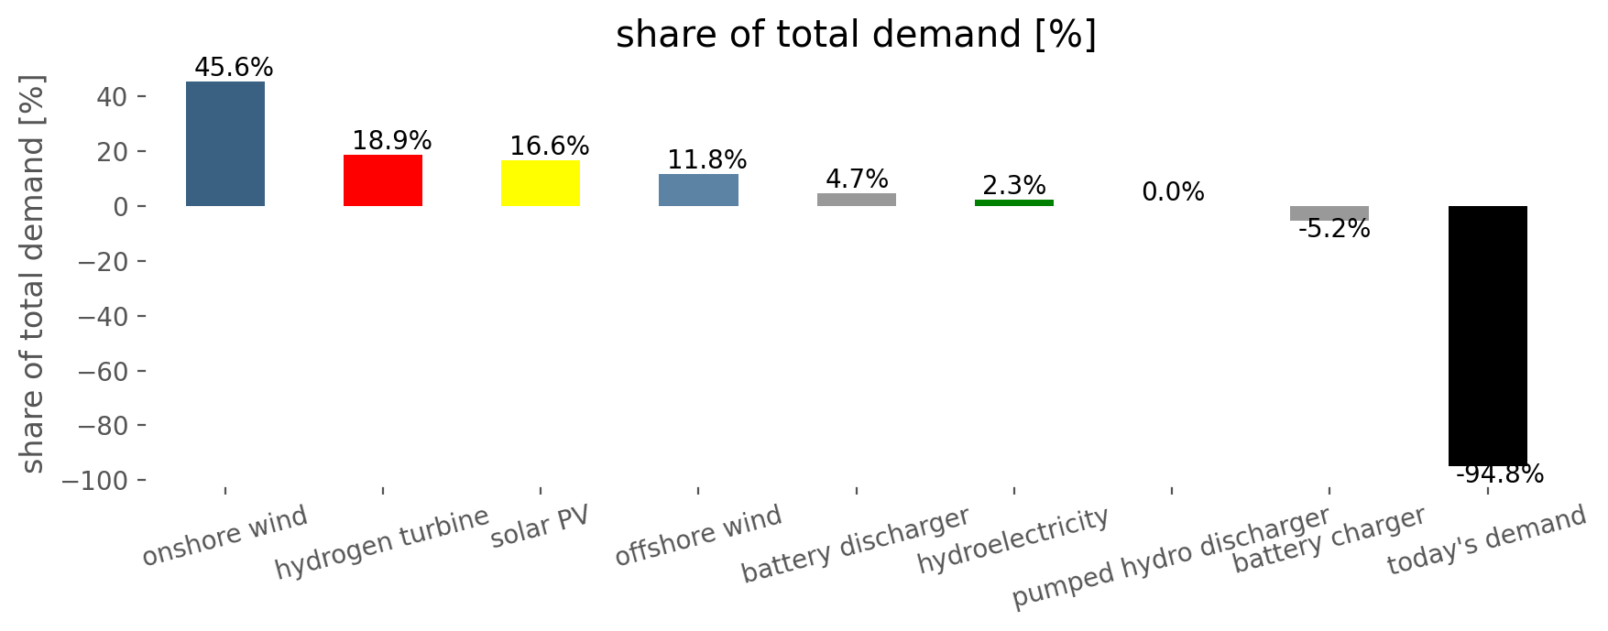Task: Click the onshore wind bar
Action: pyautogui.click(x=225, y=144)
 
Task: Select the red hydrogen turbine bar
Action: pyautogui.click(x=383, y=180)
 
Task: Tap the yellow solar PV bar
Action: pyautogui.click(x=541, y=183)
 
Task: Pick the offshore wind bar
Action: pyautogui.click(x=698, y=190)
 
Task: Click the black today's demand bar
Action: pyautogui.click(x=1487, y=336)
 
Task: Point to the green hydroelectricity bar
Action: pyautogui.click(x=1014, y=202)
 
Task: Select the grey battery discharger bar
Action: pyautogui.click(x=857, y=200)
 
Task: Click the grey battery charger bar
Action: pyautogui.click(x=1329, y=213)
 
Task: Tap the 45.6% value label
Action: pyautogui.click(x=234, y=68)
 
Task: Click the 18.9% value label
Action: pyautogui.click(x=392, y=141)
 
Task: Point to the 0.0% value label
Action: pyautogui.click(x=1173, y=192)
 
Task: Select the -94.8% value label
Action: pyautogui.click(x=1500, y=474)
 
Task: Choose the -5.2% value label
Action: pyautogui.click(x=1334, y=229)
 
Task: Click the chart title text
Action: pyautogui.click(x=856, y=35)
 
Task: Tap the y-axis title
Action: pyautogui.click(x=33, y=273)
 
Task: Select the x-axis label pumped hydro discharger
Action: pyautogui.click(x=1171, y=558)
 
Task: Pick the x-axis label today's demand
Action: pyautogui.click(x=1486, y=540)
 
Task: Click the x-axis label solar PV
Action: pyautogui.click(x=540, y=527)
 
